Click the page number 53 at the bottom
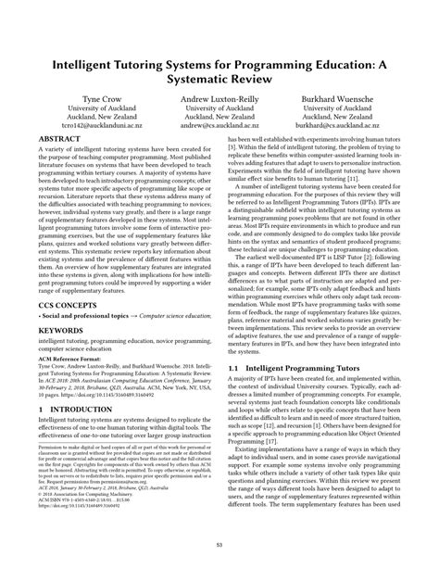click(219, 552)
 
